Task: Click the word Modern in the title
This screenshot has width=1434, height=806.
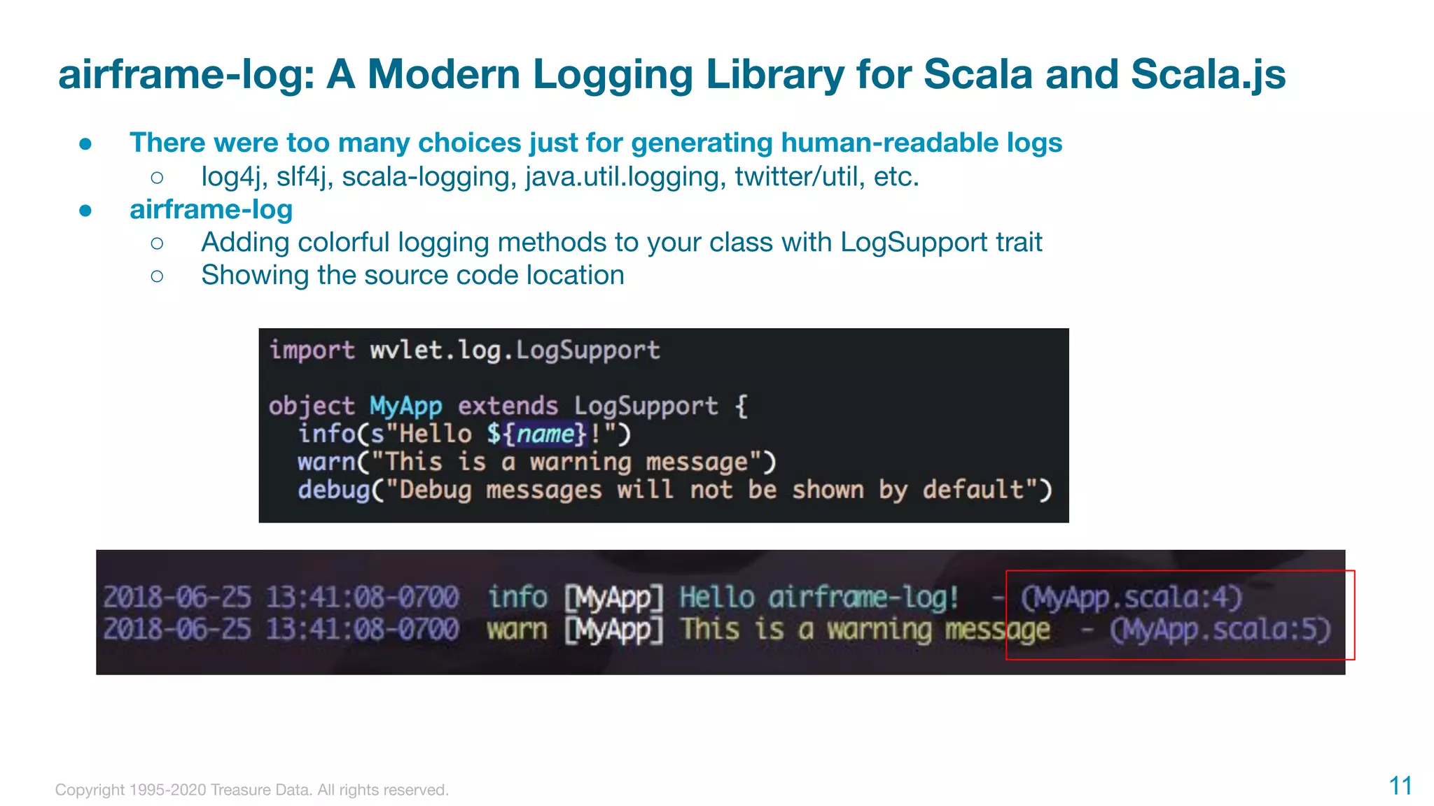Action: pyautogui.click(x=444, y=74)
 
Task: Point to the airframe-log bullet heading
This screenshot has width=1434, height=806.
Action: pyautogui.click(x=211, y=209)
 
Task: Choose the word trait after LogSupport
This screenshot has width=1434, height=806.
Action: pyautogui.click(x=1014, y=242)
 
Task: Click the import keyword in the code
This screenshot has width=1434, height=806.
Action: pyautogui.click(x=312, y=350)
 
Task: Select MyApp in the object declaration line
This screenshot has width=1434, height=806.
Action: pyautogui.click(x=405, y=406)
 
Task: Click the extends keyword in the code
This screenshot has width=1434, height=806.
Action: pyautogui.click(x=508, y=406)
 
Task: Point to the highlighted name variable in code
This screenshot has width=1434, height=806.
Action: pyautogui.click(x=545, y=434)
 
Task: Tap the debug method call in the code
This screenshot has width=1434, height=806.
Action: pyautogui.click(x=333, y=490)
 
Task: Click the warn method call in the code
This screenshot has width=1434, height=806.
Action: pyautogui.click(x=326, y=462)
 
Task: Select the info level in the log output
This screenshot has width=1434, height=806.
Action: pyautogui.click(x=517, y=598)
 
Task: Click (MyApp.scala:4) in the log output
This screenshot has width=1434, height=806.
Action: pyautogui.click(x=1130, y=598)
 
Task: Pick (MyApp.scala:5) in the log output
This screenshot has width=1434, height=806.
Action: pyautogui.click(x=1220, y=629)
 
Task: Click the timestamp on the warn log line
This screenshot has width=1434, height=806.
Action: pyautogui.click(x=281, y=629)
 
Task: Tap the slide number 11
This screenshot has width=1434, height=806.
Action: pyautogui.click(x=1400, y=786)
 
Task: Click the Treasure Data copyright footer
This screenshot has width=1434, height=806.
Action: pyautogui.click(x=251, y=790)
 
